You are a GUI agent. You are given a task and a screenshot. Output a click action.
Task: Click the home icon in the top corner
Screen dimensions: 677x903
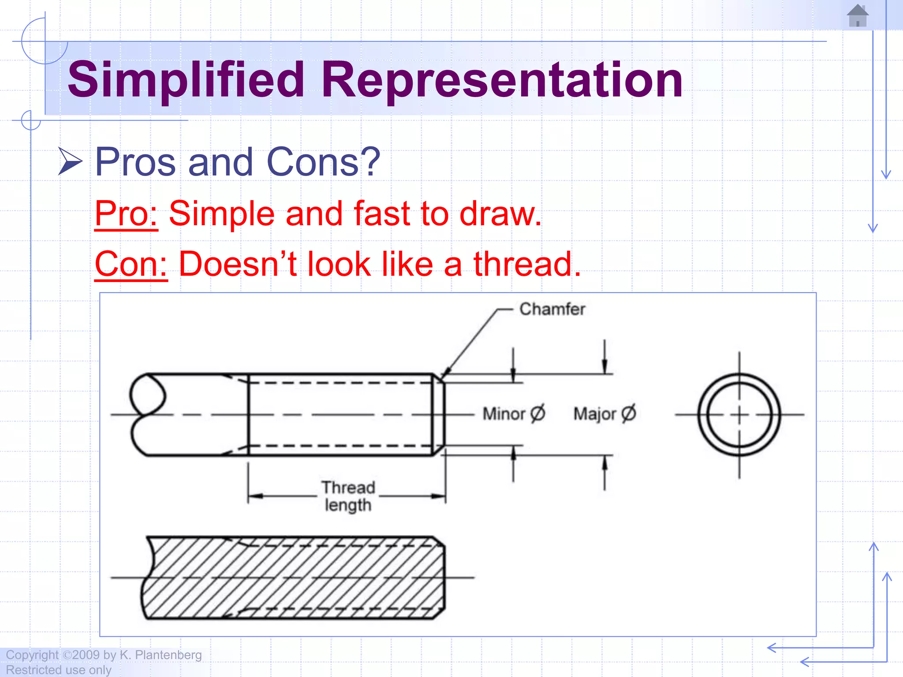click(858, 16)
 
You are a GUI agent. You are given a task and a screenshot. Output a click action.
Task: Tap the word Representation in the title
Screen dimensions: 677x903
click(502, 80)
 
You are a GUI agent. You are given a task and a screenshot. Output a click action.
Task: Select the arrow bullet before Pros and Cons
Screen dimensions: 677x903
click(70, 161)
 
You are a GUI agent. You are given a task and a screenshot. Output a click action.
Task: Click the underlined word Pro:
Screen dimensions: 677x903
click(126, 214)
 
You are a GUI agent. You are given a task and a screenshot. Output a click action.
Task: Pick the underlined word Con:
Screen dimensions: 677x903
click(131, 264)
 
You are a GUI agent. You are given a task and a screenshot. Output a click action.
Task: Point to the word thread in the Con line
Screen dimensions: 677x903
click(527, 264)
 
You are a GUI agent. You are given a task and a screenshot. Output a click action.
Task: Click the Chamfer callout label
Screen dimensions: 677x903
click(552, 309)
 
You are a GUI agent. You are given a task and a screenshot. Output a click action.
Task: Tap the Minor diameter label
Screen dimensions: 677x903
click(514, 413)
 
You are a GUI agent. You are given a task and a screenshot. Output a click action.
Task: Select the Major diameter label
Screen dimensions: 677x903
click(604, 413)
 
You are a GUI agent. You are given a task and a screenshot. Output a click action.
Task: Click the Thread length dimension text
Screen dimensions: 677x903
click(348, 496)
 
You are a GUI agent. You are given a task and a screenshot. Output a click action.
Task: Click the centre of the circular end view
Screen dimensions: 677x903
click(739, 415)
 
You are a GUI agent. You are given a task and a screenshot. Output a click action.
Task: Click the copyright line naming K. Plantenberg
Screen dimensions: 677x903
click(104, 655)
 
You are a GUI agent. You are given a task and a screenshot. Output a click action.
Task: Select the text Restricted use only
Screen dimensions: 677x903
click(59, 670)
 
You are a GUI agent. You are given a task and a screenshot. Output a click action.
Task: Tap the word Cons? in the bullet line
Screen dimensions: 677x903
click(323, 162)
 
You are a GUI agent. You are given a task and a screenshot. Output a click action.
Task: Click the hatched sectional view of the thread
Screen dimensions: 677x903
click(295, 578)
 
